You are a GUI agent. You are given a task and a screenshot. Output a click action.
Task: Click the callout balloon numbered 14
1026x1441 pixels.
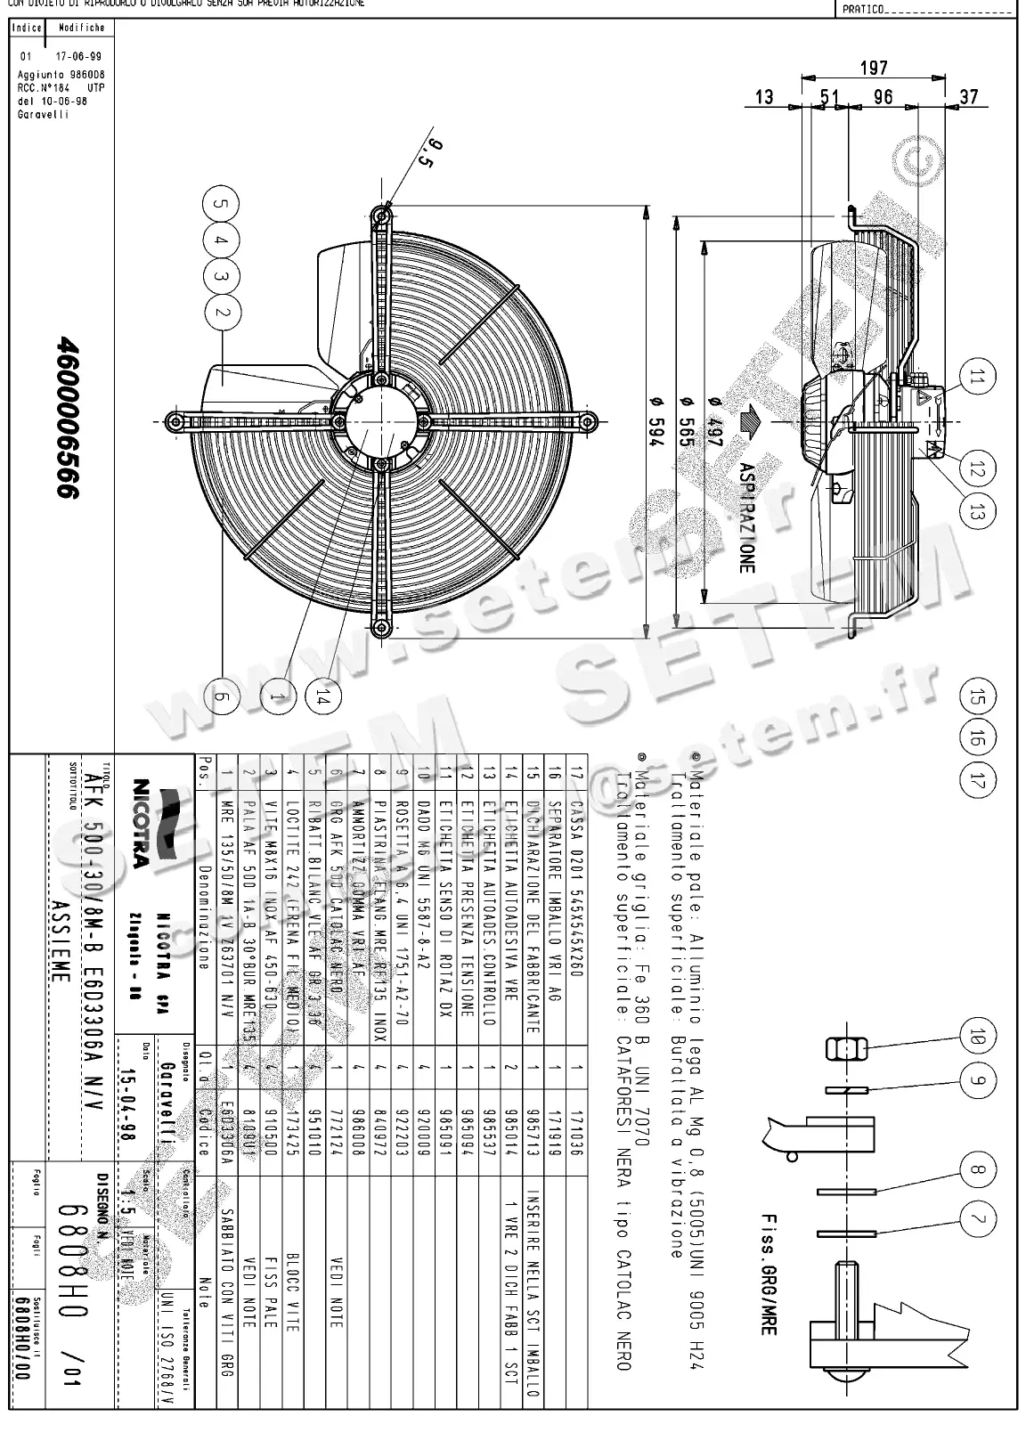click(x=322, y=699)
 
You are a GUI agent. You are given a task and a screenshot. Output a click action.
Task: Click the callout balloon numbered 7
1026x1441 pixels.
click(x=978, y=1217)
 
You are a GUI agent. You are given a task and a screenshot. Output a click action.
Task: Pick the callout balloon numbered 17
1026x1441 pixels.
click(x=978, y=780)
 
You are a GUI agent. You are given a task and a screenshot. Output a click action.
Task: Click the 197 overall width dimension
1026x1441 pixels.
click(x=874, y=69)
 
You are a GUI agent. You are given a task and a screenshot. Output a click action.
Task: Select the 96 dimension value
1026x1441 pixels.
click(x=883, y=97)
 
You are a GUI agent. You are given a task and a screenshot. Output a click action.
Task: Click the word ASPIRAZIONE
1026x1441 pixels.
click(x=746, y=517)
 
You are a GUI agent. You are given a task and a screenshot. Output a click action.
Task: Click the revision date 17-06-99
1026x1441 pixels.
click(x=67, y=56)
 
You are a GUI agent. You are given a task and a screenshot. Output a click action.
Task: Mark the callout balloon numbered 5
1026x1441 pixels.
click(x=222, y=203)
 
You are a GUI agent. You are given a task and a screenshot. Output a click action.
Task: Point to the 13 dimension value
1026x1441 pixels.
click(x=764, y=97)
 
